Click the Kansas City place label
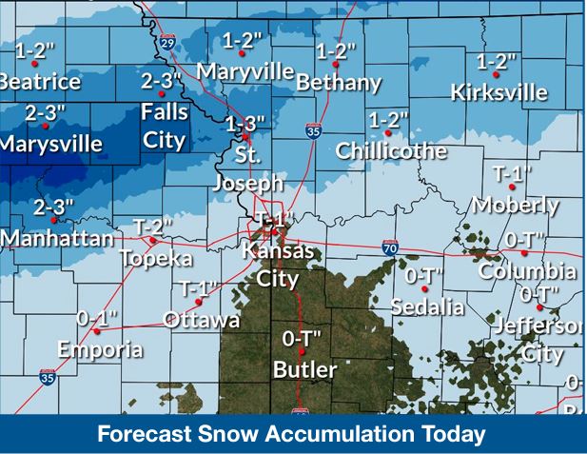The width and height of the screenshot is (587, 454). coord(277,266)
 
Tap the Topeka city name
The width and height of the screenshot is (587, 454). coord(156,258)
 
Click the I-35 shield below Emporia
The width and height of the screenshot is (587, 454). coord(48,378)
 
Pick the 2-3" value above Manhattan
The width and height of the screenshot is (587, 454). coord(53,207)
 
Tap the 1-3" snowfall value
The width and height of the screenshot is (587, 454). coord(245,124)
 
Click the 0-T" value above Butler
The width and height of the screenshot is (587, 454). coord(303,338)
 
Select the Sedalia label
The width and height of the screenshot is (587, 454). coord(427,307)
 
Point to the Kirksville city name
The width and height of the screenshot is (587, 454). coord(499,92)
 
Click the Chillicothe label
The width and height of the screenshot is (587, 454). coord(390,150)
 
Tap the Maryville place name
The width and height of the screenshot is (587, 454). coord(245,70)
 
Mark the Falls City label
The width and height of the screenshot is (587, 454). coord(165,125)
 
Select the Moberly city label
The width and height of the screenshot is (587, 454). coord(515,205)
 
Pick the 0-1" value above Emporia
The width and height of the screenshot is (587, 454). coord(96,319)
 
